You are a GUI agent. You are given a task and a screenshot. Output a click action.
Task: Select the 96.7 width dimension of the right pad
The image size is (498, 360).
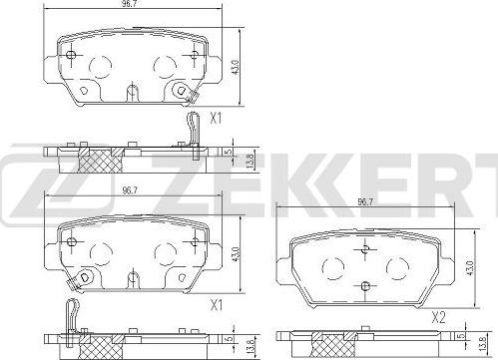click(x=365, y=202)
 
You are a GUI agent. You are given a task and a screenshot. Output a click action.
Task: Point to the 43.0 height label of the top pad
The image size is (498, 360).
click(x=236, y=67)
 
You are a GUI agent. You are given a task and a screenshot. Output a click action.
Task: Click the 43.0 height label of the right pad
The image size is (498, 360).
click(x=470, y=268)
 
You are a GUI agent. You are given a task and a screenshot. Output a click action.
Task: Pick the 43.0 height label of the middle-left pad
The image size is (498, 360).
click(x=236, y=254)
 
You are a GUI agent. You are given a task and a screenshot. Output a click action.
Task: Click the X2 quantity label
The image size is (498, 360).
click(x=438, y=318)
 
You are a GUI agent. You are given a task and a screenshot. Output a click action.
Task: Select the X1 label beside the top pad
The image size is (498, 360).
click(x=216, y=119)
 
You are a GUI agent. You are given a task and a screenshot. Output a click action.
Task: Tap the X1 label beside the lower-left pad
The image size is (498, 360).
click(x=217, y=305)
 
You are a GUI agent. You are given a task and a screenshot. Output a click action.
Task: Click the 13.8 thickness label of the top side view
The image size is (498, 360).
click(x=251, y=161)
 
